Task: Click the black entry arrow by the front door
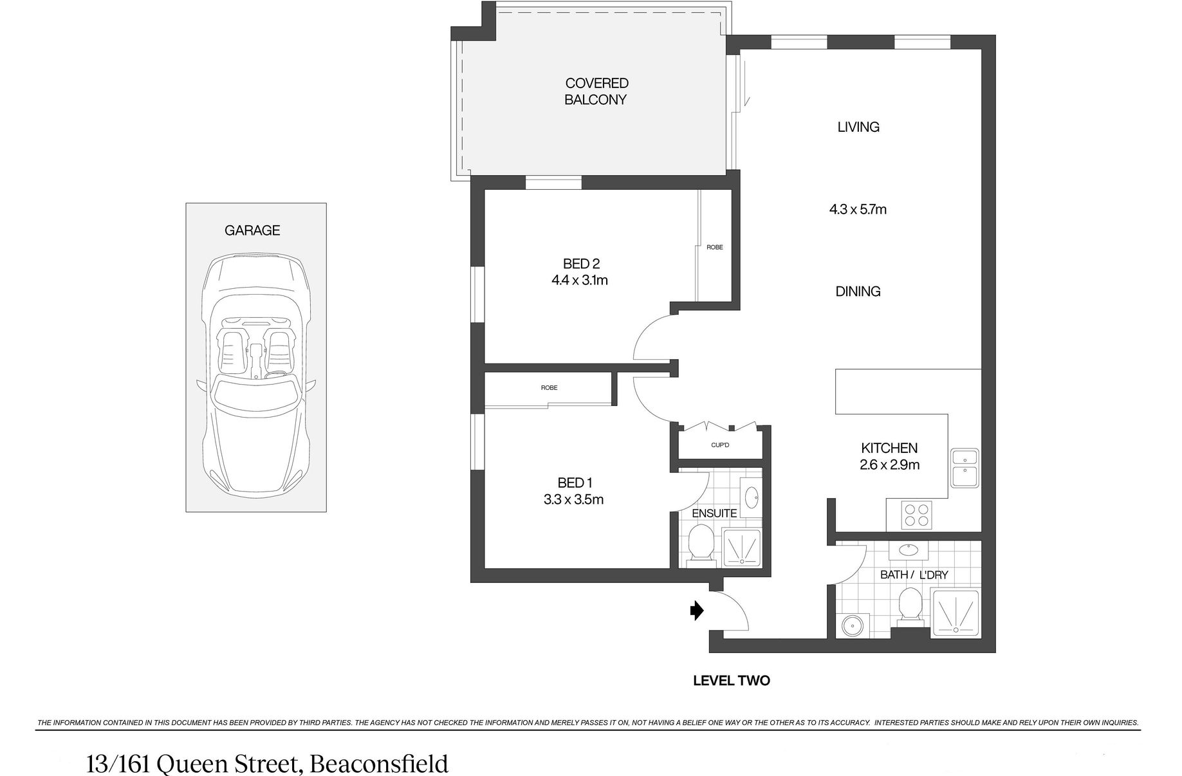697,610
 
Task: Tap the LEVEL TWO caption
731,681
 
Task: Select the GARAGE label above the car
252,230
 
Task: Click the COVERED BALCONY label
596,91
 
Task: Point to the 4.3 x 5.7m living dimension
858,209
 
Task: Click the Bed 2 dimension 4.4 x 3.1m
580,281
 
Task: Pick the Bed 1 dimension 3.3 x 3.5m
573,499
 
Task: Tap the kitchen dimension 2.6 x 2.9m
889,465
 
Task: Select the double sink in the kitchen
965,468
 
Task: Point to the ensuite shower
741,548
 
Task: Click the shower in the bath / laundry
955,614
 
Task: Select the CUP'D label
720,445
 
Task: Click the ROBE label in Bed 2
715,247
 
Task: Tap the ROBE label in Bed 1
549,387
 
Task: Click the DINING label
858,291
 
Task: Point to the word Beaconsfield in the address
379,764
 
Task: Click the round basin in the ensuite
751,497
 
